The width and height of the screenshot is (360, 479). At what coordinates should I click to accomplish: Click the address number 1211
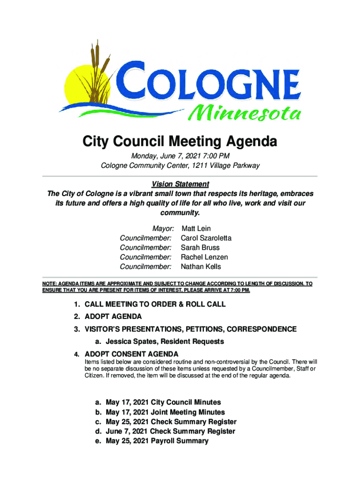[x=192, y=166]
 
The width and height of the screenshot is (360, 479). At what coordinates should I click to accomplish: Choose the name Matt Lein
[x=196, y=229]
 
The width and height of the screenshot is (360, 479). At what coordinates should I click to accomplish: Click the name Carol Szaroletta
[x=206, y=238]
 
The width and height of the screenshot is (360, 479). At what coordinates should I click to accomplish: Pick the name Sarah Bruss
[x=200, y=247]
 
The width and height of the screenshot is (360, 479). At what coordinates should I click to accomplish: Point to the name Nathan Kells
[x=201, y=267]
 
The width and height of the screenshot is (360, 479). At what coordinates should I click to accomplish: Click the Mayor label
[x=163, y=229]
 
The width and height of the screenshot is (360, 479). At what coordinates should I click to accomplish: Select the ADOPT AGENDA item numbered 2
[x=113, y=317]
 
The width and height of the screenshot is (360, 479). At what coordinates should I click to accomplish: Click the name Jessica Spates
[x=132, y=341]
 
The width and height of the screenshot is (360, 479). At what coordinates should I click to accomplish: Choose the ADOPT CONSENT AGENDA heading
[x=131, y=354]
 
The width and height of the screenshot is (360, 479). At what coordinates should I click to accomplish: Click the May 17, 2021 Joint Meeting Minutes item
[x=165, y=412]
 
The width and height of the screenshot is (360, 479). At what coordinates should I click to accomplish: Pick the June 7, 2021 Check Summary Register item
[x=170, y=431]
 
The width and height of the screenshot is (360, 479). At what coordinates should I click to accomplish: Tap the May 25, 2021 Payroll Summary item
[x=157, y=441]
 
